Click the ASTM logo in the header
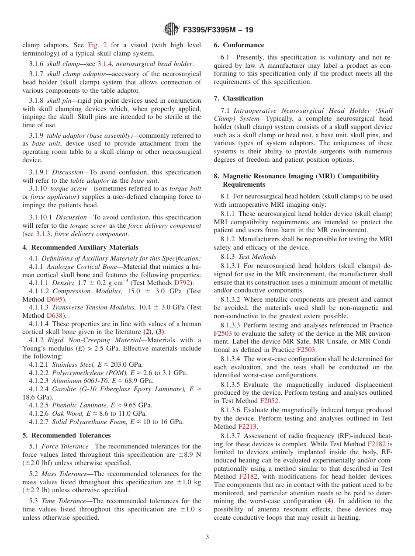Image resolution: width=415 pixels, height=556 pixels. click(x=171, y=29)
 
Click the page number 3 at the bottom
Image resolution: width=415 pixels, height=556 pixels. click(x=207, y=537)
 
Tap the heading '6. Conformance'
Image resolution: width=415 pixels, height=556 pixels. click(x=239, y=45)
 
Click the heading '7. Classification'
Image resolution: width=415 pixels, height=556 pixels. click(x=239, y=98)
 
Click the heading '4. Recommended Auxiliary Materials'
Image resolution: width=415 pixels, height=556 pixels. click(x=80, y=247)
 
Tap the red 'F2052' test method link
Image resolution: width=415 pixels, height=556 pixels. click(x=270, y=400)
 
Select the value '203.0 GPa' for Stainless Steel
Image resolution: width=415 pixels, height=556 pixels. click(x=128, y=365)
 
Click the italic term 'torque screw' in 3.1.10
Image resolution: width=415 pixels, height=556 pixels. click(x=65, y=189)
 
